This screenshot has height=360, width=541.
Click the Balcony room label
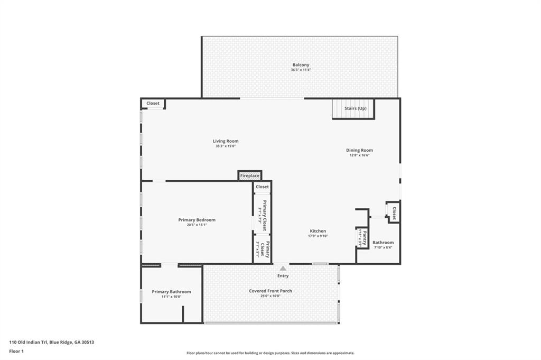click(301, 65)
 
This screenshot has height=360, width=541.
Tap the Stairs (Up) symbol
click(353, 109)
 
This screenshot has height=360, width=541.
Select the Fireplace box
click(249, 176)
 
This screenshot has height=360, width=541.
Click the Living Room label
click(226, 141)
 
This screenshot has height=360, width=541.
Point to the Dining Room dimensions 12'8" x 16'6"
click(359, 155)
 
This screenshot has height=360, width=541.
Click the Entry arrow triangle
click(283, 269)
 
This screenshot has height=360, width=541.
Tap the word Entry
click(283, 275)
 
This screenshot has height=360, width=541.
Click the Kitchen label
click(318, 231)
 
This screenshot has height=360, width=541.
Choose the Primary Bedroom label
click(197, 220)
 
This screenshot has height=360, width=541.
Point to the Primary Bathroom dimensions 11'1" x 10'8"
click(171, 297)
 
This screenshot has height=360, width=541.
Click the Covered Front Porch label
click(270, 291)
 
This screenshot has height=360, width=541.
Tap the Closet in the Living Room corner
click(153, 104)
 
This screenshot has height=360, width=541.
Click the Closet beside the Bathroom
click(394, 213)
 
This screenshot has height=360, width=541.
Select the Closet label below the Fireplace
click(262, 187)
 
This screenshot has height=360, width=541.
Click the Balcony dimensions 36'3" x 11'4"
click(301, 70)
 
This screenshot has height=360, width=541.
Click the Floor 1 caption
click(16, 351)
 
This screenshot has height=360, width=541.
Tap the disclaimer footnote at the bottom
click(270, 353)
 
